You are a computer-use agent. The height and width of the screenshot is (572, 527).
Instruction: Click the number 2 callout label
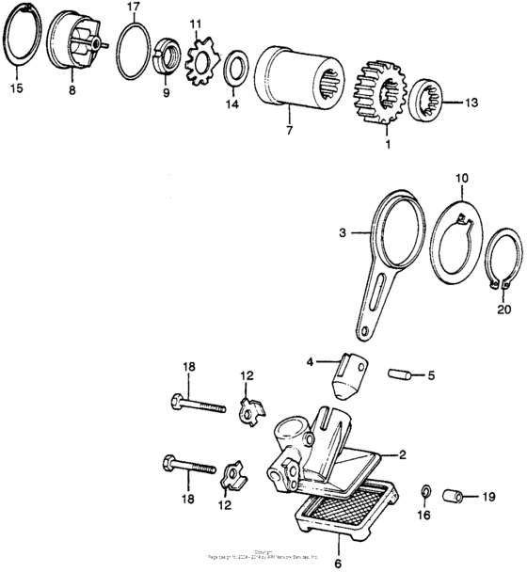click(x=401, y=454)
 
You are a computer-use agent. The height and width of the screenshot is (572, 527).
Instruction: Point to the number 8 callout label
click(x=72, y=91)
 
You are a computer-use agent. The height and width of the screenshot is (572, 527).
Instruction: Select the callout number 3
click(x=344, y=229)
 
